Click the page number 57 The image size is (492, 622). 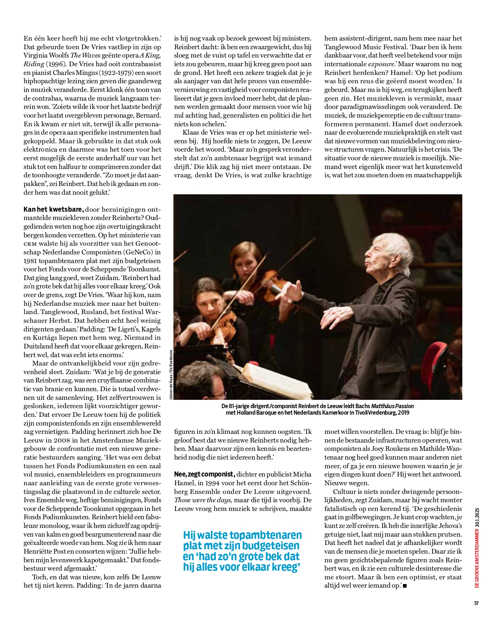tap(476, 603)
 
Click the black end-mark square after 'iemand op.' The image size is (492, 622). tap(404, 586)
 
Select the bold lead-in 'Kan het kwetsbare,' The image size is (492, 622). tap(54, 210)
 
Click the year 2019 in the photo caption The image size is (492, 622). tap(403, 413)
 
